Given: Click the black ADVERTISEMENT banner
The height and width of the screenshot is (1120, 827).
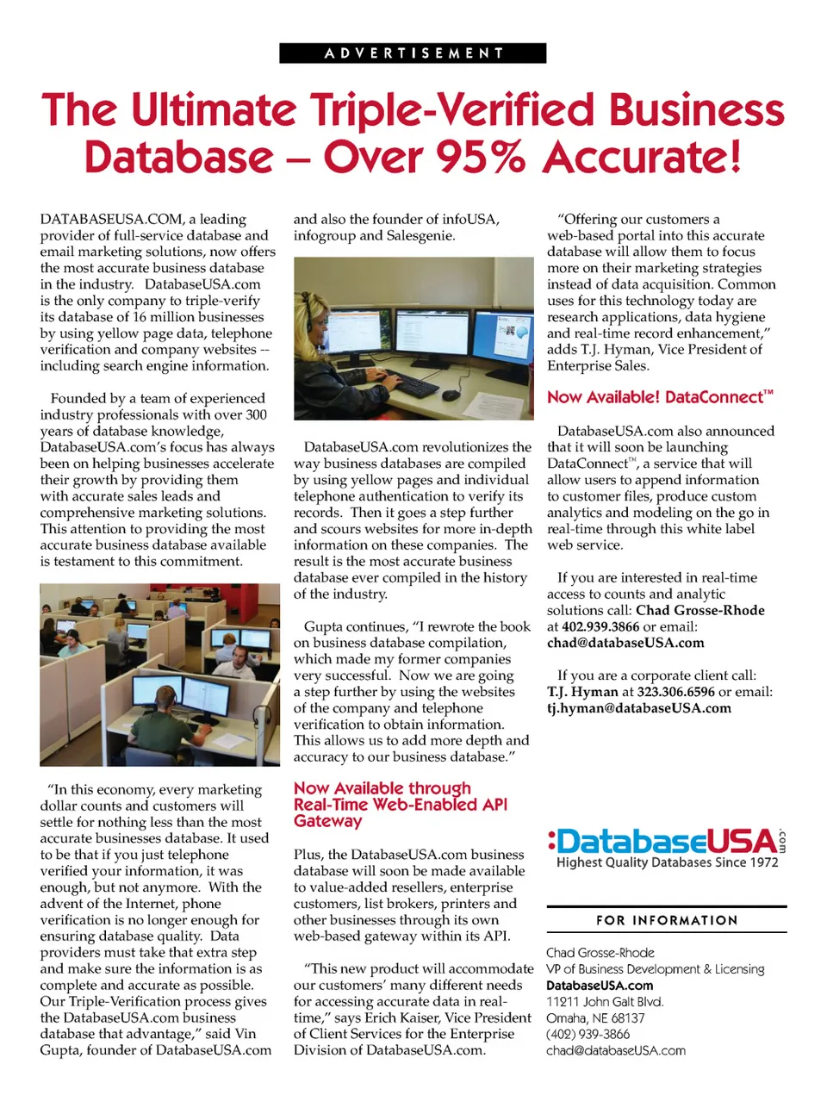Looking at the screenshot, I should (413, 53).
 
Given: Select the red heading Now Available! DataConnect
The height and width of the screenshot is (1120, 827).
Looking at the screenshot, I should (660, 397).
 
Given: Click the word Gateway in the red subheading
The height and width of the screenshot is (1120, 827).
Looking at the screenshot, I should (328, 821).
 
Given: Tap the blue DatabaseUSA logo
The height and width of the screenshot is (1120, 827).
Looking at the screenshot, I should (664, 842).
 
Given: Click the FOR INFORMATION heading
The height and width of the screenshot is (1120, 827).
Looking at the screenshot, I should (667, 920).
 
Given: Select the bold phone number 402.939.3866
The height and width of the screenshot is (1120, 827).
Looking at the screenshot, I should (600, 626).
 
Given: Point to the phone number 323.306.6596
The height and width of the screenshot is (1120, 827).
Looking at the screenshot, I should (675, 692).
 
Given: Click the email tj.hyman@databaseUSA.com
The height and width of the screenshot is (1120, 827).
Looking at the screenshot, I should (638, 708).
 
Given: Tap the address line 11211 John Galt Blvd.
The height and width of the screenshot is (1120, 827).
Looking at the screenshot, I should (605, 1002).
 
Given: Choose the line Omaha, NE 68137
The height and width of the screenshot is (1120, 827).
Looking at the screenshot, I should (595, 1018).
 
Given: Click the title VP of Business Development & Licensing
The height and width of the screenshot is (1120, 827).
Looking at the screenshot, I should (655, 969).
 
